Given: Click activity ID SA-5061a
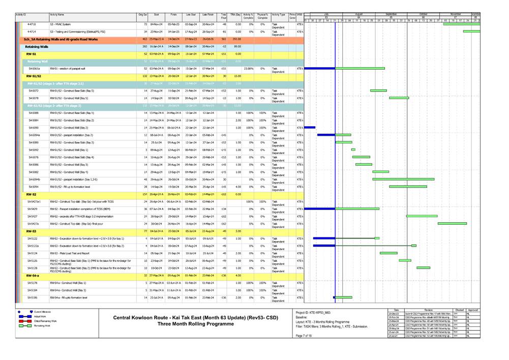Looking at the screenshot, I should coord(34,68).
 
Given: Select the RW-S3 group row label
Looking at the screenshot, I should coord(32,231).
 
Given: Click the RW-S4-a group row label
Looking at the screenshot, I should coord(34,275).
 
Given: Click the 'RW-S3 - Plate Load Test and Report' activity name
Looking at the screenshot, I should coord(70,253).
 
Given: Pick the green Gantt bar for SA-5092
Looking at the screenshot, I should coord(353,149).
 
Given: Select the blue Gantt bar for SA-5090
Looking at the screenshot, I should coord(310,127).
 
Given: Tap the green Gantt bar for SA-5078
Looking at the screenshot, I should coord(399,98).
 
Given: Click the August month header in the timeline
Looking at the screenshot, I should coord(359,14).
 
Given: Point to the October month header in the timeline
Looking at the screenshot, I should coord(424,14).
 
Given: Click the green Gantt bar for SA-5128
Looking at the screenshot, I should coord(423,267).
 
